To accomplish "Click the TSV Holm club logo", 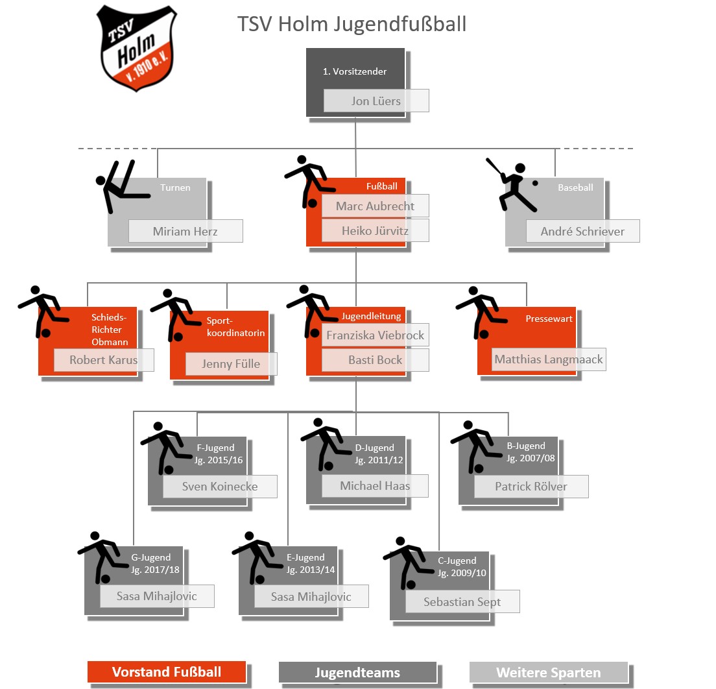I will (x=136, y=48).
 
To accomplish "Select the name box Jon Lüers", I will (x=376, y=101).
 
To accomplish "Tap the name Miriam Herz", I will (x=185, y=231).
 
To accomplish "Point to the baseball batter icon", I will (x=512, y=186).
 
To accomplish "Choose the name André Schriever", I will (x=582, y=231).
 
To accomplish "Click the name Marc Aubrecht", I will (x=376, y=206).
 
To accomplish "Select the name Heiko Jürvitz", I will (x=376, y=230).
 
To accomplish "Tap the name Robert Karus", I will (x=104, y=359).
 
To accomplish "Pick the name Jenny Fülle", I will (x=231, y=363).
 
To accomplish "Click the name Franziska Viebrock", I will (x=376, y=335).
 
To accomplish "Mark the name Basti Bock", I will (x=376, y=359).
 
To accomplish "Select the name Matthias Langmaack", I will (x=549, y=359).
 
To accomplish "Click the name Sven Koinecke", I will (x=220, y=486).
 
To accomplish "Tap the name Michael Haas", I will (x=375, y=485).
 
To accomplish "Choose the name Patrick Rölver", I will (x=531, y=486).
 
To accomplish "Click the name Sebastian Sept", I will (x=462, y=601).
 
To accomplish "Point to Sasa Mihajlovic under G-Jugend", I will (x=157, y=596).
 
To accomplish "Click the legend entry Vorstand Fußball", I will (x=167, y=671).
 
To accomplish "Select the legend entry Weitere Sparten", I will (x=549, y=672).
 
